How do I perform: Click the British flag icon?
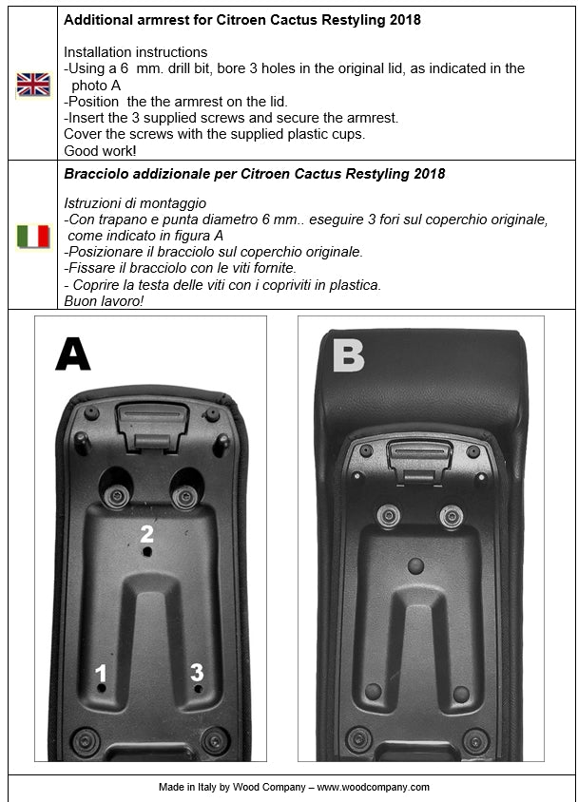33,86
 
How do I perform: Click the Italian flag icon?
33,236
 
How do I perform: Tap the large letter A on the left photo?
73,353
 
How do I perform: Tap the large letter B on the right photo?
348,355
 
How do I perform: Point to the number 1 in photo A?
100,675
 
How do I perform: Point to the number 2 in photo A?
146,533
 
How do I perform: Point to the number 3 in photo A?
197,673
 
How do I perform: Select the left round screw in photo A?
119,496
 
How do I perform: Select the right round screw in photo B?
451,517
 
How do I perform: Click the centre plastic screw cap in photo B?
415,566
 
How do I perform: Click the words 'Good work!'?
99,150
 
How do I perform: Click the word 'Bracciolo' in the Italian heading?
99,175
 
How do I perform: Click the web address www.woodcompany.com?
374,788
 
